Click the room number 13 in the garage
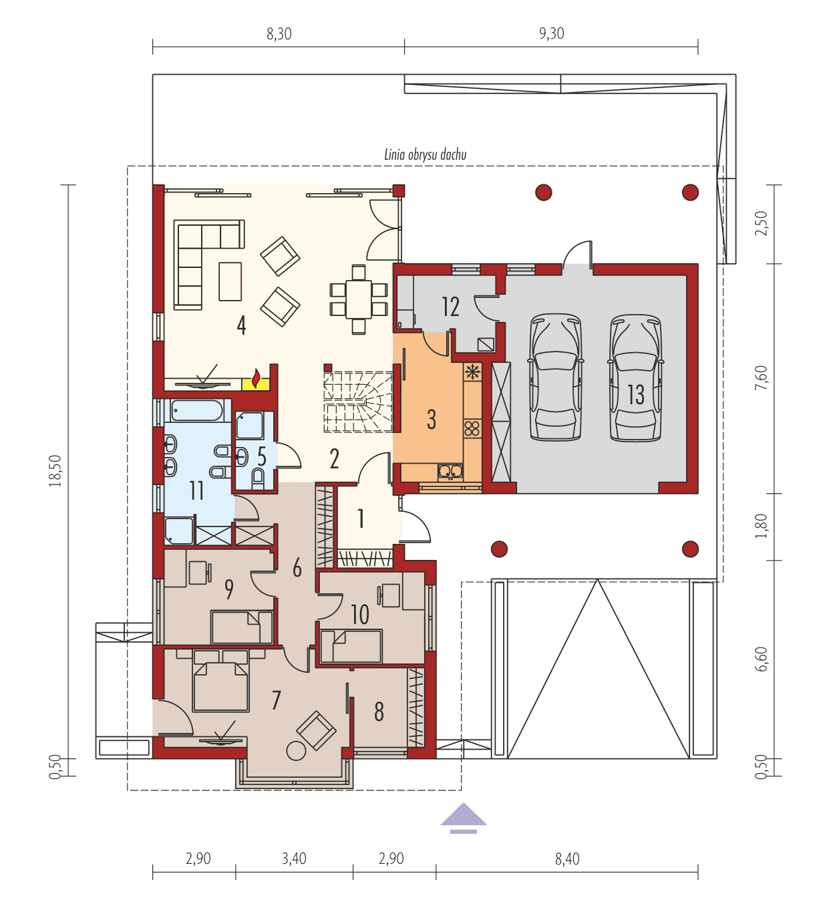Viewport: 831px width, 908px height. (636, 394)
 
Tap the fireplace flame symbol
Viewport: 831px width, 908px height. (255, 378)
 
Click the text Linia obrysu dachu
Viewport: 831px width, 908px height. (425, 154)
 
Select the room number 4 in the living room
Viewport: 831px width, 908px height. (241, 325)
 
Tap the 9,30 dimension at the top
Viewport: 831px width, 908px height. (551, 33)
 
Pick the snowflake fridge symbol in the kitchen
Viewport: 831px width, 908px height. (472, 372)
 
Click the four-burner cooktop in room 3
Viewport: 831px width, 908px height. (472, 428)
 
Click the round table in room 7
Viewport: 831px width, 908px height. (296, 751)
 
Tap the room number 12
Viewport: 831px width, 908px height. (450, 307)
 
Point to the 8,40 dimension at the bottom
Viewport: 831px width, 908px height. (567, 859)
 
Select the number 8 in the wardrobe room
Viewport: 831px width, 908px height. (379, 712)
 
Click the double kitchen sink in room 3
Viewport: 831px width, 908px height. (450, 472)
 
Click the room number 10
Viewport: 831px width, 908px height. (359, 614)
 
